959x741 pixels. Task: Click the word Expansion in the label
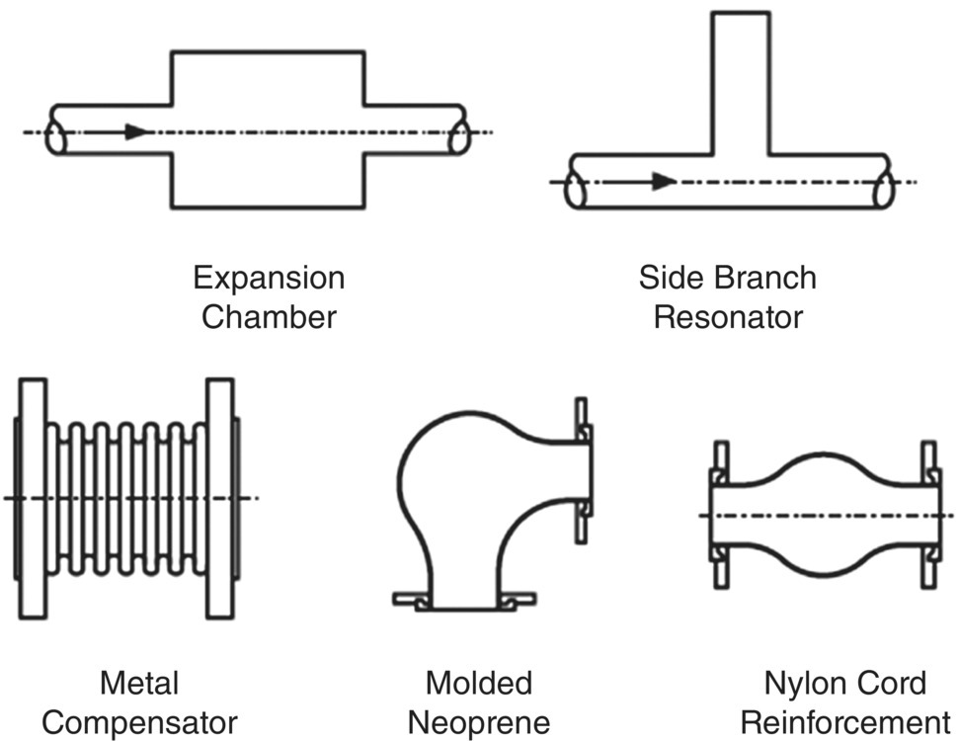pyautogui.click(x=269, y=278)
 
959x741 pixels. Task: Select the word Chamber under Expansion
pyautogui.click(x=269, y=317)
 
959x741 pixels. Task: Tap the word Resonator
pyautogui.click(x=728, y=317)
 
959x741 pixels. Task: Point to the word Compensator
pyautogui.click(x=139, y=722)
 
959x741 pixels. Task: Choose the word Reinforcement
pyautogui.click(x=844, y=722)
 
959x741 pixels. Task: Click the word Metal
pyautogui.click(x=139, y=683)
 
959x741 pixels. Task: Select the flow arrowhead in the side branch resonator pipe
pyautogui.click(x=664, y=181)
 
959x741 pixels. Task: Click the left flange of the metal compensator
pyautogui.click(x=32, y=498)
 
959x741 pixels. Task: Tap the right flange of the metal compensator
pyautogui.click(x=218, y=498)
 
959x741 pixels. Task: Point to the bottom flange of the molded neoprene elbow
pyautogui.click(x=464, y=599)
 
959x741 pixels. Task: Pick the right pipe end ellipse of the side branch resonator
pyautogui.click(x=885, y=188)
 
